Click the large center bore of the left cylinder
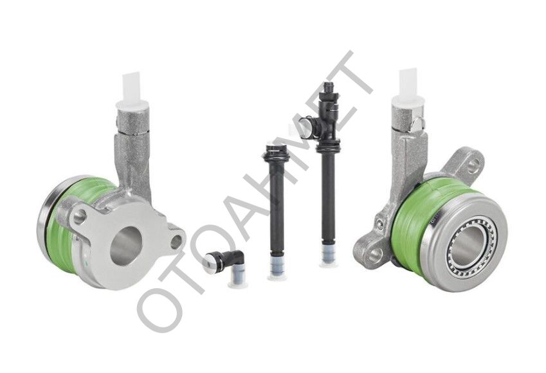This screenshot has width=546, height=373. [127, 244]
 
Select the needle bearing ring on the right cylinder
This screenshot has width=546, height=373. [473, 241]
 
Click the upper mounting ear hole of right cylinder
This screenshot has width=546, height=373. [473, 167]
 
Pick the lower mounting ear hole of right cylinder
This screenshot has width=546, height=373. [375, 255]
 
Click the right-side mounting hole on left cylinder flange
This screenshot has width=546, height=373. [177, 242]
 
